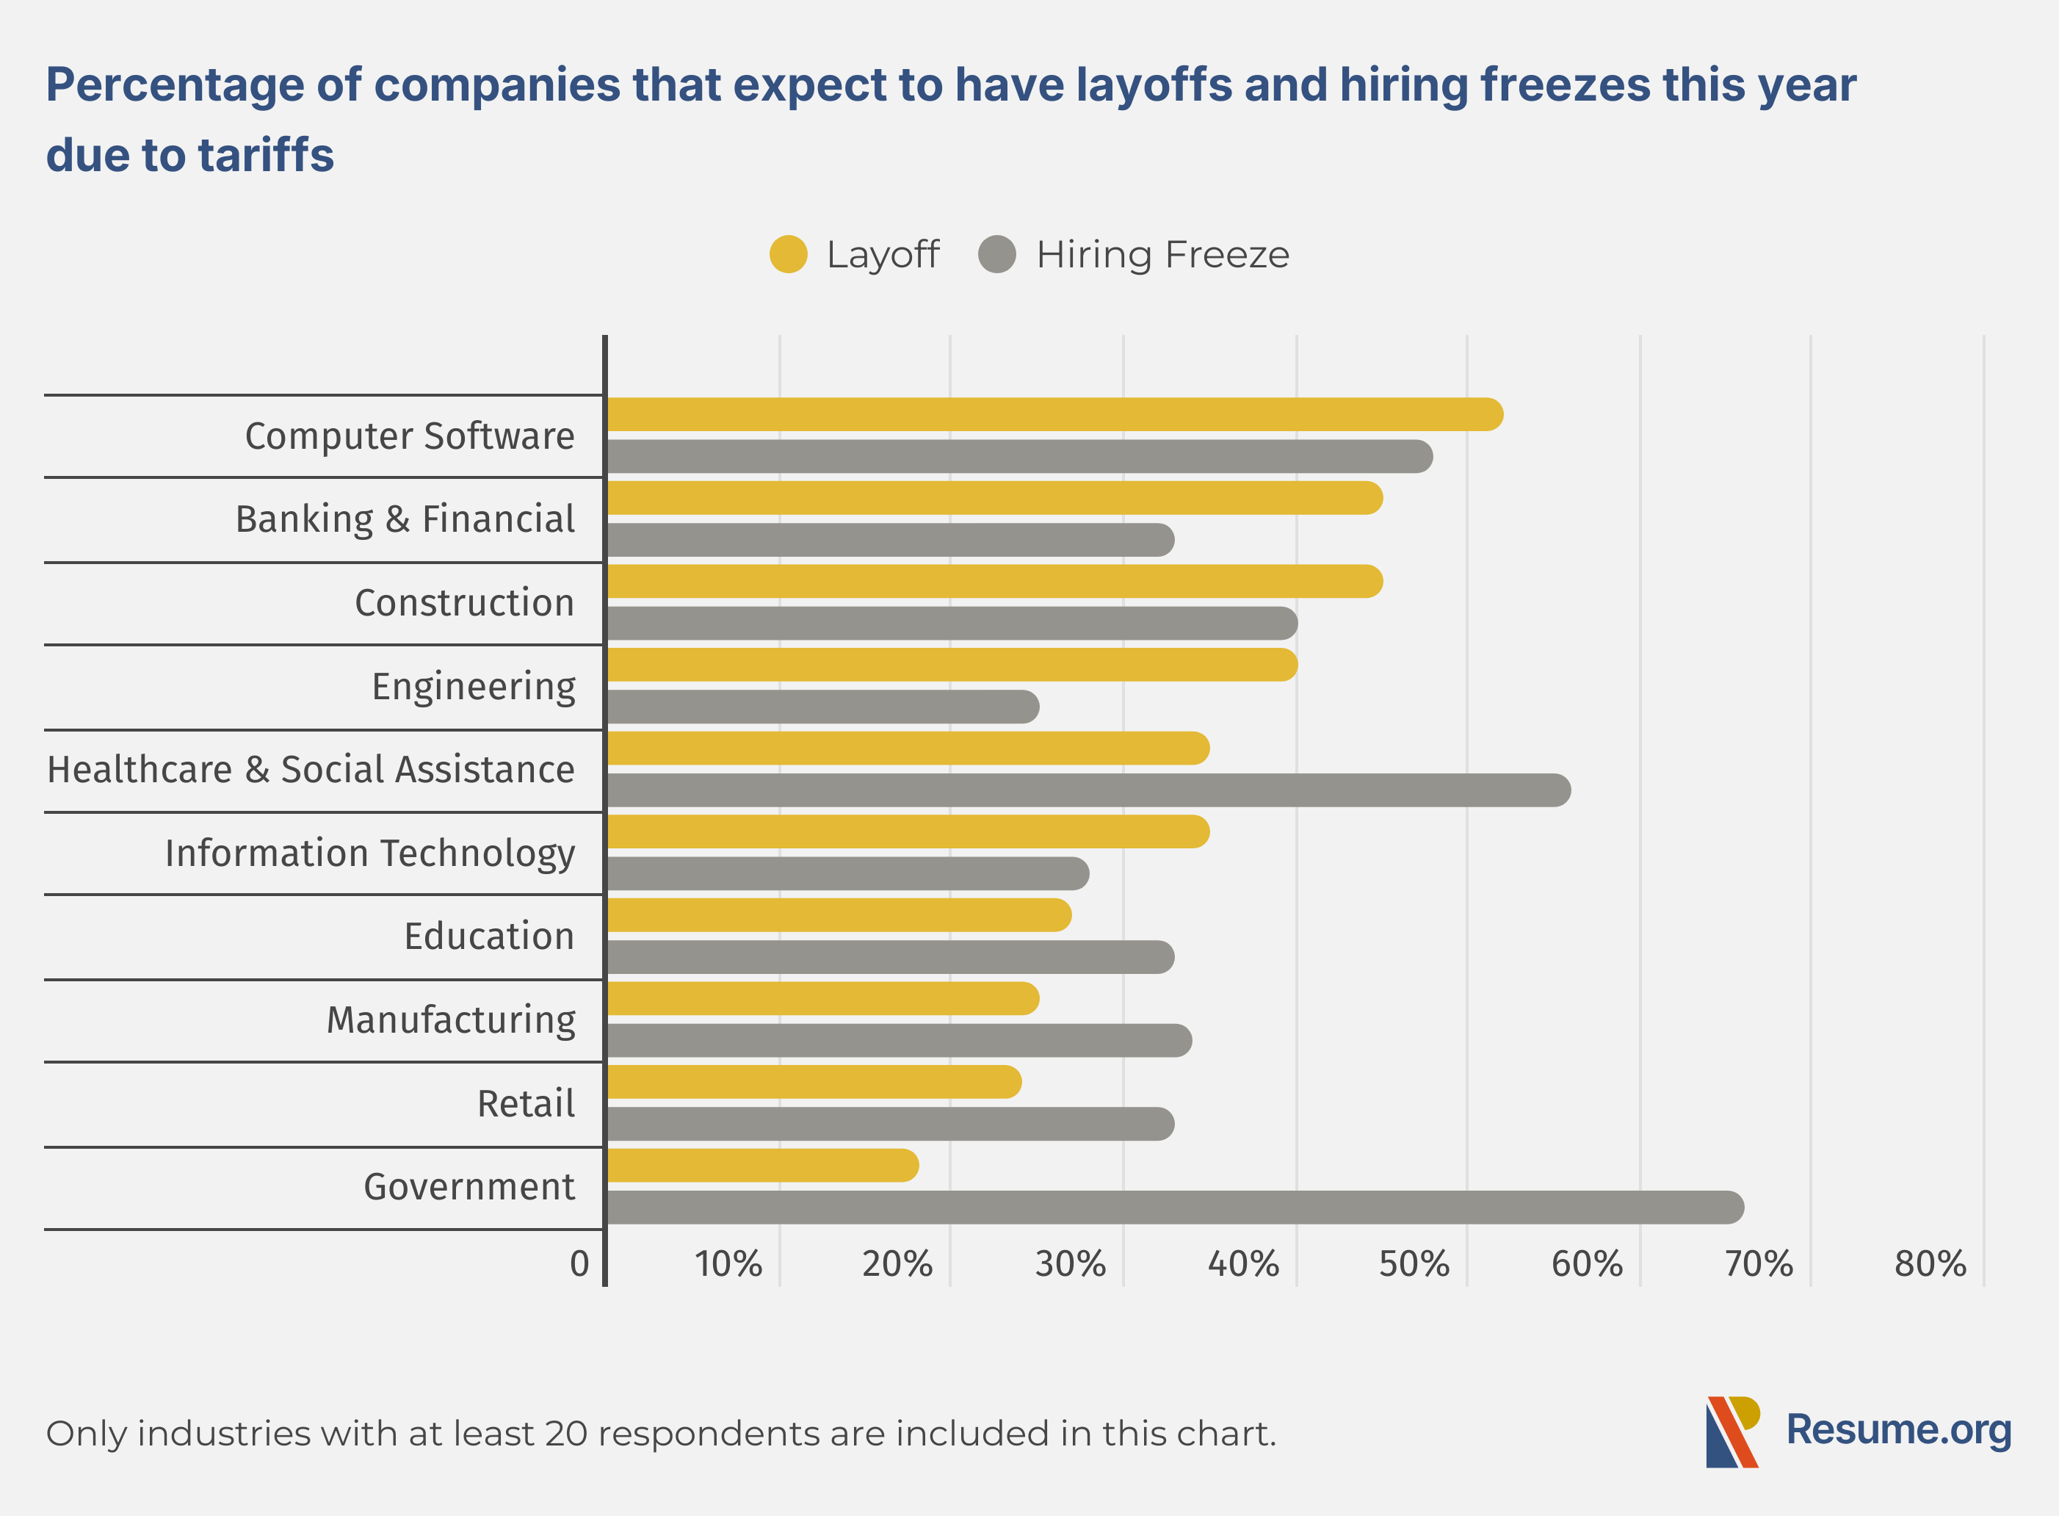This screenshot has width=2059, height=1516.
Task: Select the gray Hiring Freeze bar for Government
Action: [1174, 1208]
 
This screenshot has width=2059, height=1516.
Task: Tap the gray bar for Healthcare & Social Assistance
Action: [1088, 790]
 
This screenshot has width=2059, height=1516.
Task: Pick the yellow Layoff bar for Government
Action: [761, 1166]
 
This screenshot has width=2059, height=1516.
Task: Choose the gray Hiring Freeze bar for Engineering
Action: [822, 707]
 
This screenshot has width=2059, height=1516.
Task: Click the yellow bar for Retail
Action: [813, 1082]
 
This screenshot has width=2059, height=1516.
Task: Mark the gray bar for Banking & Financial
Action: [890, 540]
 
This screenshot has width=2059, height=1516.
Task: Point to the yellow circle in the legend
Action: [788, 254]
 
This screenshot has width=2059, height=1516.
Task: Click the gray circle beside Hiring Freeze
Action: [997, 254]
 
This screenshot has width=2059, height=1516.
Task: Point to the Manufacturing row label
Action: [451, 1019]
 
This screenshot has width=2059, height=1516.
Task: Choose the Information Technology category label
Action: [370, 853]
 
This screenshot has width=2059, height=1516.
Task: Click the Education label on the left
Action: [489, 936]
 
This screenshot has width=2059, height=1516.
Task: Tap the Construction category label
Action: [464, 603]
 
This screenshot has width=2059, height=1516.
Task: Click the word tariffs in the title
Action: [265, 154]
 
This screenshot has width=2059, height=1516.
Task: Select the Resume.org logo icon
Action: [1732, 1432]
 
